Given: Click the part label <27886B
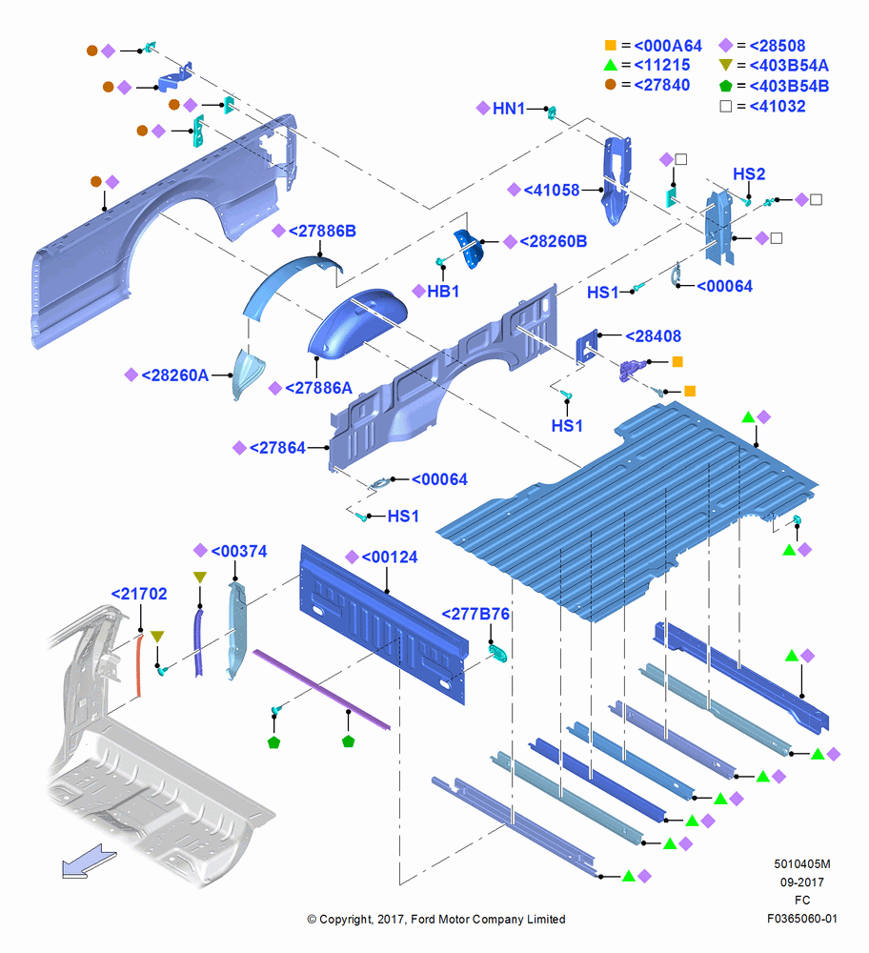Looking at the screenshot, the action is point(322,231).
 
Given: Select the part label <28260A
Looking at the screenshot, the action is point(175,375).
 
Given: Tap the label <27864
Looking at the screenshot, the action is point(277,448).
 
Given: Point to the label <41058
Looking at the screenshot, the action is point(551,191).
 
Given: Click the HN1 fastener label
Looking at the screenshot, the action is point(509,109).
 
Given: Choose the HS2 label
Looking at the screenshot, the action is point(749,174).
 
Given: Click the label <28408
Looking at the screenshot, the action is point(654,336).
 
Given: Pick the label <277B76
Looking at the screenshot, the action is point(475,614).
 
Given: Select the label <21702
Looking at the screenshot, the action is point(139,594).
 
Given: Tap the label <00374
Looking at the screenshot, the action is point(239,551).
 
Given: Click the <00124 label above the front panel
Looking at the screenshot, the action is point(390,558).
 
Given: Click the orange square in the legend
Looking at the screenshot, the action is point(611,45).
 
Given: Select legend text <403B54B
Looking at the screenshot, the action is point(789,87).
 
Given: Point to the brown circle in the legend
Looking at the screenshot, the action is point(611,85).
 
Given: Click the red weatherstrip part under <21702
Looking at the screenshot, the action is point(139,665).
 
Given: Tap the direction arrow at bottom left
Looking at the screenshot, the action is point(88,862).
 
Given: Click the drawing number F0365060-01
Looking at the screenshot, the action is point(802,919).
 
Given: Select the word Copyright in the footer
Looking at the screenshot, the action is point(345,920).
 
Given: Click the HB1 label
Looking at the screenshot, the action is point(443,292).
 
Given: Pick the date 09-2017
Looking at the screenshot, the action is point(802,882).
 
